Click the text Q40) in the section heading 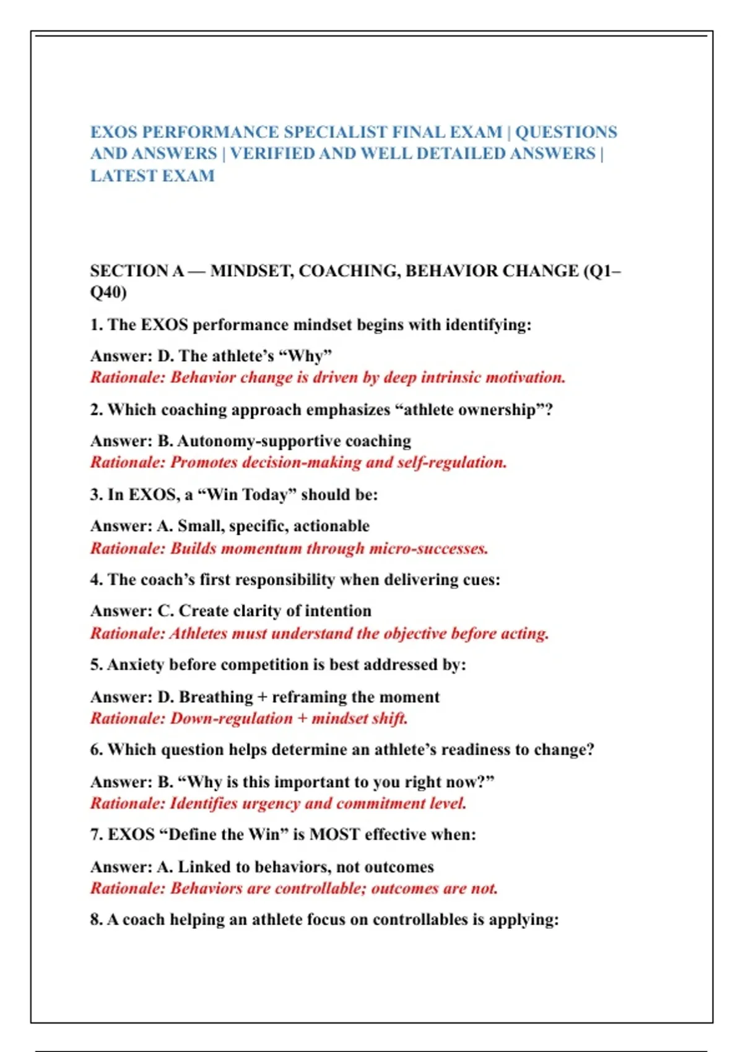pos(108,292)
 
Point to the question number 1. pos(96,325)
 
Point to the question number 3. pos(96,495)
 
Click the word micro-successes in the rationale pos(428,548)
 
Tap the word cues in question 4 pos(481,580)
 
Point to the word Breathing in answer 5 pos(216,697)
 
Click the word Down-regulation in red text pos(232,718)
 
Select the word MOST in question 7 pos(334,835)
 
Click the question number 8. pos(96,920)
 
